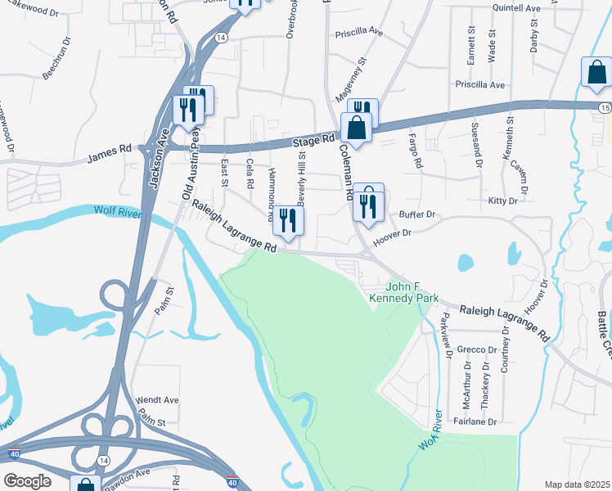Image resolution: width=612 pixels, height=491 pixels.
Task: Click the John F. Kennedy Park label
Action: click(x=412, y=293)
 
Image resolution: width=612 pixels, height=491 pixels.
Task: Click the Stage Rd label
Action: click(x=314, y=142)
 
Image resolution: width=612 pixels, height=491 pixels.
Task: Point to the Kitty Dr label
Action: click(x=502, y=200)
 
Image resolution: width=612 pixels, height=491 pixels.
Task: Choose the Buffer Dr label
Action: click(x=416, y=214)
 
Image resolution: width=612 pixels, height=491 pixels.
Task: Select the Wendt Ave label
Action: click(x=158, y=400)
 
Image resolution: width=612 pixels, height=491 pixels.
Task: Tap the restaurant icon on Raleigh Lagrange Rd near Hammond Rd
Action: click(x=287, y=219)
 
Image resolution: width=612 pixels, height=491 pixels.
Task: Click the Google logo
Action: click(x=28, y=481)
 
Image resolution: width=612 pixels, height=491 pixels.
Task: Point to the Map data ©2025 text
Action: click(x=577, y=484)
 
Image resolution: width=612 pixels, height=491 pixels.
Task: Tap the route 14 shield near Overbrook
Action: click(x=221, y=38)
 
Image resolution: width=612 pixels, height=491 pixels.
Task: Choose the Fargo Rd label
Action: click(x=416, y=151)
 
